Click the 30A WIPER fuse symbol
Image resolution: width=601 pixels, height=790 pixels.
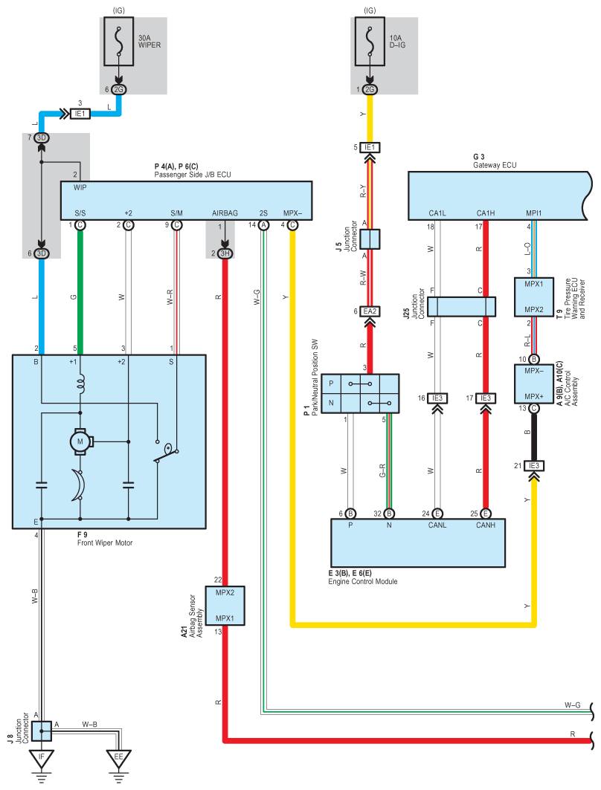tap(119, 42)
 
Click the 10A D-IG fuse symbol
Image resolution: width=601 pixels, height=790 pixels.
tap(370, 42)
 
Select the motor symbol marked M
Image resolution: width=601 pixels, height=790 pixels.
tap(80, 442)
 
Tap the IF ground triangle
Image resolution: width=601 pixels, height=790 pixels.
tap(42, 757)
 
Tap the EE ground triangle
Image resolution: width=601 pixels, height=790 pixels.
tap(118, 757)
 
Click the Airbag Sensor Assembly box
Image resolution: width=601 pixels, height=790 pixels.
tap(225, 606)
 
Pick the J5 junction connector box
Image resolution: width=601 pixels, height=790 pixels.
tap(370, 239)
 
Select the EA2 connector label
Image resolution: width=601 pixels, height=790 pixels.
tap(370, 311)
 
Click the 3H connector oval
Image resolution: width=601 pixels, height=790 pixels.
tap(225, 253)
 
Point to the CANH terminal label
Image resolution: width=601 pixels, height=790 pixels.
tap(486, 525)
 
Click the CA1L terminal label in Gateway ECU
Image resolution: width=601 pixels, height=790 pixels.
tap(437, 213)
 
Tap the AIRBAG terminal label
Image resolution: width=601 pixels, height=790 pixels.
tap(225, 213)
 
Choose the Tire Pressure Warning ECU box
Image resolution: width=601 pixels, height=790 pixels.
tap(534, 297)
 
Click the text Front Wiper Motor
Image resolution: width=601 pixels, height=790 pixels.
tap(105, 543)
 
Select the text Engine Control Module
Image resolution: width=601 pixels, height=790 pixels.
tap(362, 581)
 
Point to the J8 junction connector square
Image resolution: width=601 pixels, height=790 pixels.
tap(42, 731)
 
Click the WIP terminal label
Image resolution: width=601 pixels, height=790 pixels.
tap(80, 187)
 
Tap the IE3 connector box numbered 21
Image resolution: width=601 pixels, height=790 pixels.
tap(533, 465)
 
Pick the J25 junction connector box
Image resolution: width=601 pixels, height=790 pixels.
tap(461, 306)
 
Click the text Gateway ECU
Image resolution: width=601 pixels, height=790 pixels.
tap(495, 165)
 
